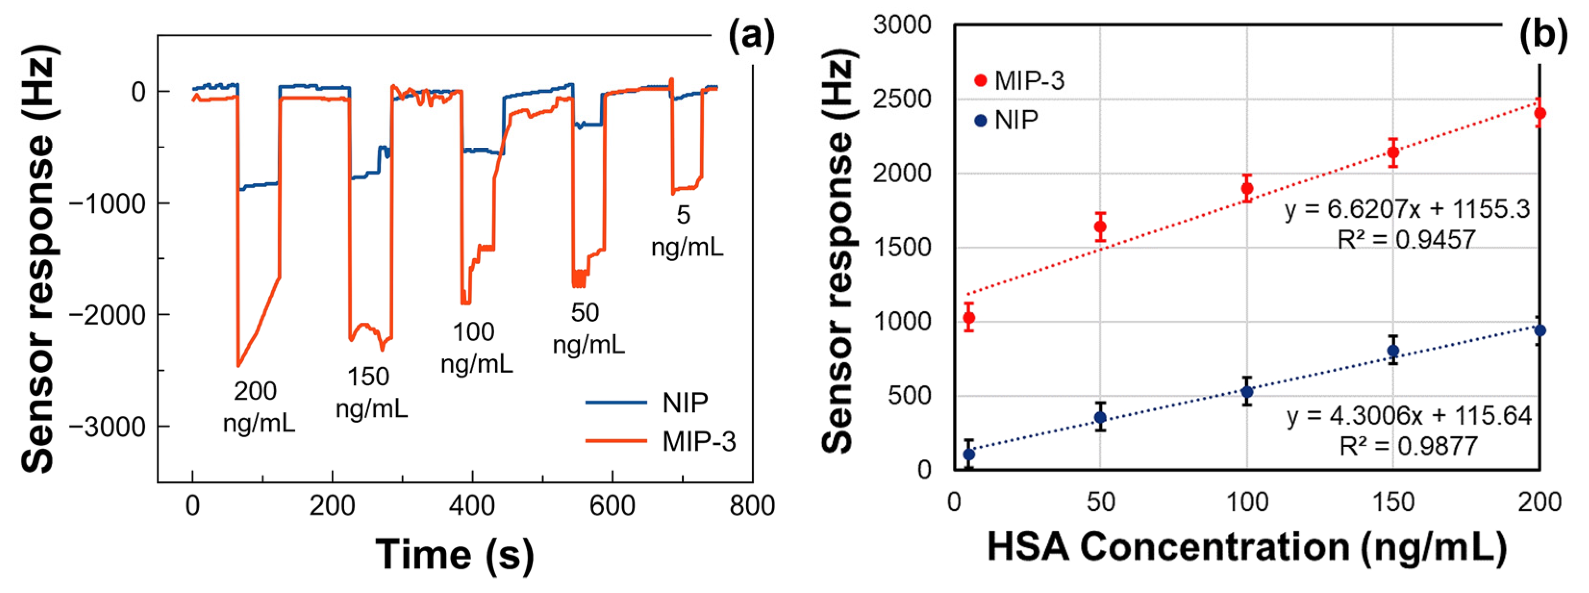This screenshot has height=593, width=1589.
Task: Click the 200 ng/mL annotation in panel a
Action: pos(258,407)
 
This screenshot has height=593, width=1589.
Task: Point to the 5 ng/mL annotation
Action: pos(687,231)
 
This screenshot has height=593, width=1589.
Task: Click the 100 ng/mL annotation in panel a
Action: pos(475,349)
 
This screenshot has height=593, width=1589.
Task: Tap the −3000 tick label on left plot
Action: pos(108,427)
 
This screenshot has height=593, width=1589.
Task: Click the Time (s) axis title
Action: pos(455,554)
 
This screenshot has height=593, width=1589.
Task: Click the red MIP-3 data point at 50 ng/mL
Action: pos(1101,227)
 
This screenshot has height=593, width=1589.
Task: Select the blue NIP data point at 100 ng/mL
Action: pos(1247,391)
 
